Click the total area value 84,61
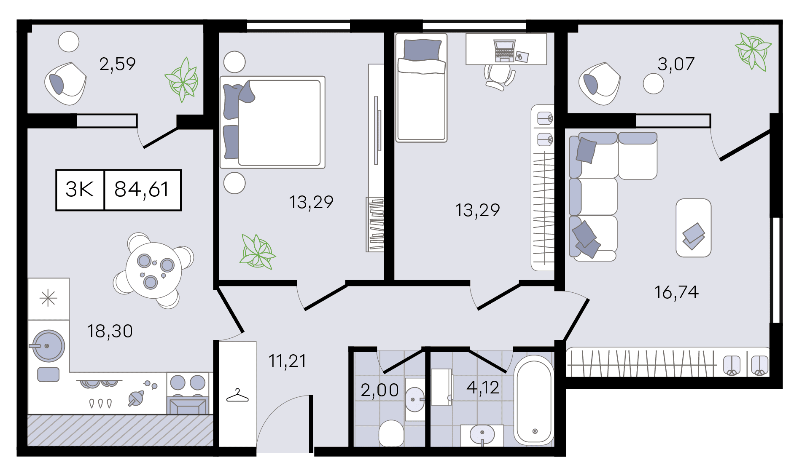pyautogui.click(x=142, y=190)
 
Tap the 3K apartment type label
pyautogui.click(x=80, y=190)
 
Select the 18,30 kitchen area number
pyautogui.click(x=110, y=332)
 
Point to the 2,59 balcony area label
pyautogui.click(x=117, y=64)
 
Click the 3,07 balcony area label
pyautogui.click(x=676, y=64)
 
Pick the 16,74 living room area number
pyautogui.click(x=676, y=292)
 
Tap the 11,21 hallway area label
pyautogui.click(x=288, y=361)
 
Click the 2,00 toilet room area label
pyautogui.click(x=379, y=390)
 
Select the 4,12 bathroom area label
pyautogui.click(x=483, y=388)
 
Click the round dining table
pyautogui.click(x=154, y=270)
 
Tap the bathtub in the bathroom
pyautogui.click(x=534, y=400)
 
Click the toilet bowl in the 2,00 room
pyautogui.click(x=391, y=433)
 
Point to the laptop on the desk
pyautogui.click(x=504, y=51)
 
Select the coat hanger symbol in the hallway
pyautogui.click(x=237, y=396)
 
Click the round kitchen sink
pyautogui.click(x=49, y=346)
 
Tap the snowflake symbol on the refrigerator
pyautogui.click(x=48, y=299)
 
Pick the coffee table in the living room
pyautogui.click(x=694, y=228)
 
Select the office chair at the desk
pyautogui.click(x=499, y=76)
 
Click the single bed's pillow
pyautogui.click(x=423, y=50)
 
